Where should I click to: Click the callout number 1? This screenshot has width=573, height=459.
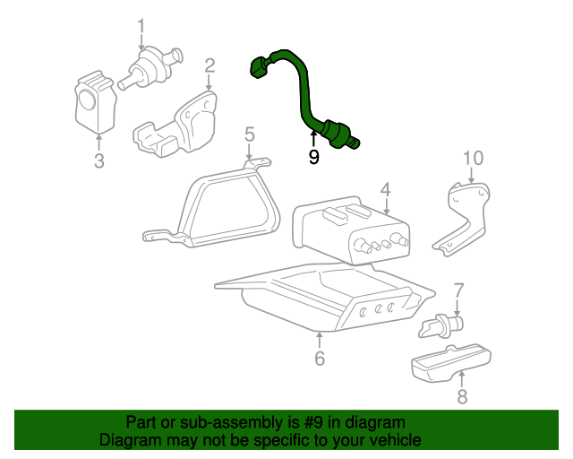pyautogui.click(x=141, y=27)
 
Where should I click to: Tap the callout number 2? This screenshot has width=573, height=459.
pyautogui.click(x=210, y=65)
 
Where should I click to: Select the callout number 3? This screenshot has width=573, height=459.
pyautogui.click(x=99, y=161)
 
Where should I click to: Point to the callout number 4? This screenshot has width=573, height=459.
pyautogui.click(x=386, y=189)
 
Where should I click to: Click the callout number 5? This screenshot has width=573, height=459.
pyautogui.click(x=249, y=134)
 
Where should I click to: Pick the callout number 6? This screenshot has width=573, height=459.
pyautogui.click(x=320, y=358)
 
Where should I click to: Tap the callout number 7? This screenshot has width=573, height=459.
pyautogui.click(x=458, y=291)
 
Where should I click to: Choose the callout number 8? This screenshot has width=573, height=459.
pyautogui.click(x=462, y=396)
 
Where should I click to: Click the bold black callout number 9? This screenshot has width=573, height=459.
pyautogui.click(x=313, y=157)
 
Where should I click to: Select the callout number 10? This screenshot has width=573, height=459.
pyautogui.click(x=474, y=158)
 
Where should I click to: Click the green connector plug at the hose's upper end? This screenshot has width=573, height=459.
pyautogui.click(x=260, y=67)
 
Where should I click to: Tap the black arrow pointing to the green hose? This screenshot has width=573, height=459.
pyautogui.click(x=313, y=139)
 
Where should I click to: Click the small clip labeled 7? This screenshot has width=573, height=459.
pyautogui.click(x=440, y=326)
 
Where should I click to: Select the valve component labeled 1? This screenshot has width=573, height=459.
pyautogui.click(x=150, y=68)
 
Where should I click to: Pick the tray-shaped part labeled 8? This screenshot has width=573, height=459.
pyautogui.click(x=451, y=363)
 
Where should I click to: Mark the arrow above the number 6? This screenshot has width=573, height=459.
pyautogui.click(x=320, y=341)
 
